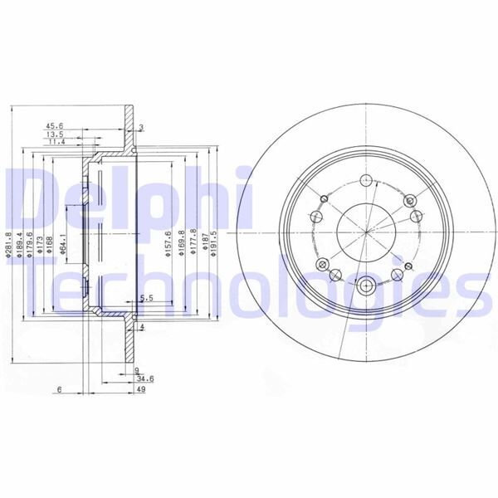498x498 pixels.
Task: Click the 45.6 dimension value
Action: tap(55, 127)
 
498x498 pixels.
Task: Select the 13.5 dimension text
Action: tap(55, 134)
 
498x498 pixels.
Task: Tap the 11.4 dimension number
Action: tap(55, 142)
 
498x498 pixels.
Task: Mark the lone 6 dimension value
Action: tap(61, 388)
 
